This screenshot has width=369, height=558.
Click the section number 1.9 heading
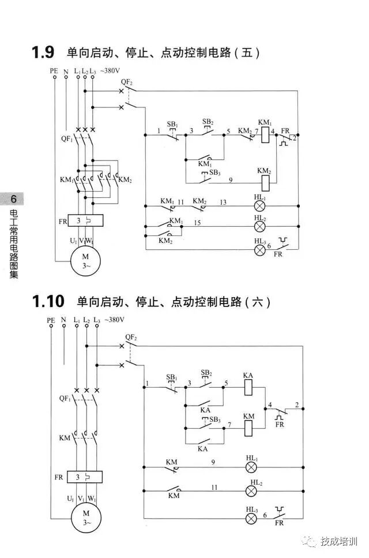coord(43,53)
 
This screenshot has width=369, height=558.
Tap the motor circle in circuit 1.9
coord(84,260)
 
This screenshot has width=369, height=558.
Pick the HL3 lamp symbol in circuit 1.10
coord(252,518)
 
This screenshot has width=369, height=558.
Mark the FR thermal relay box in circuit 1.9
coord(84,222)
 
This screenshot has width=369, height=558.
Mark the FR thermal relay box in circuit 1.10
coord(84,477)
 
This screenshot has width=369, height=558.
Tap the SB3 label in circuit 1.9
coord(214,173)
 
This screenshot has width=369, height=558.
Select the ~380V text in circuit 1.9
coord(111,71)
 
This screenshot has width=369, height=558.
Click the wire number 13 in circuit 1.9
coord(223,202)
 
